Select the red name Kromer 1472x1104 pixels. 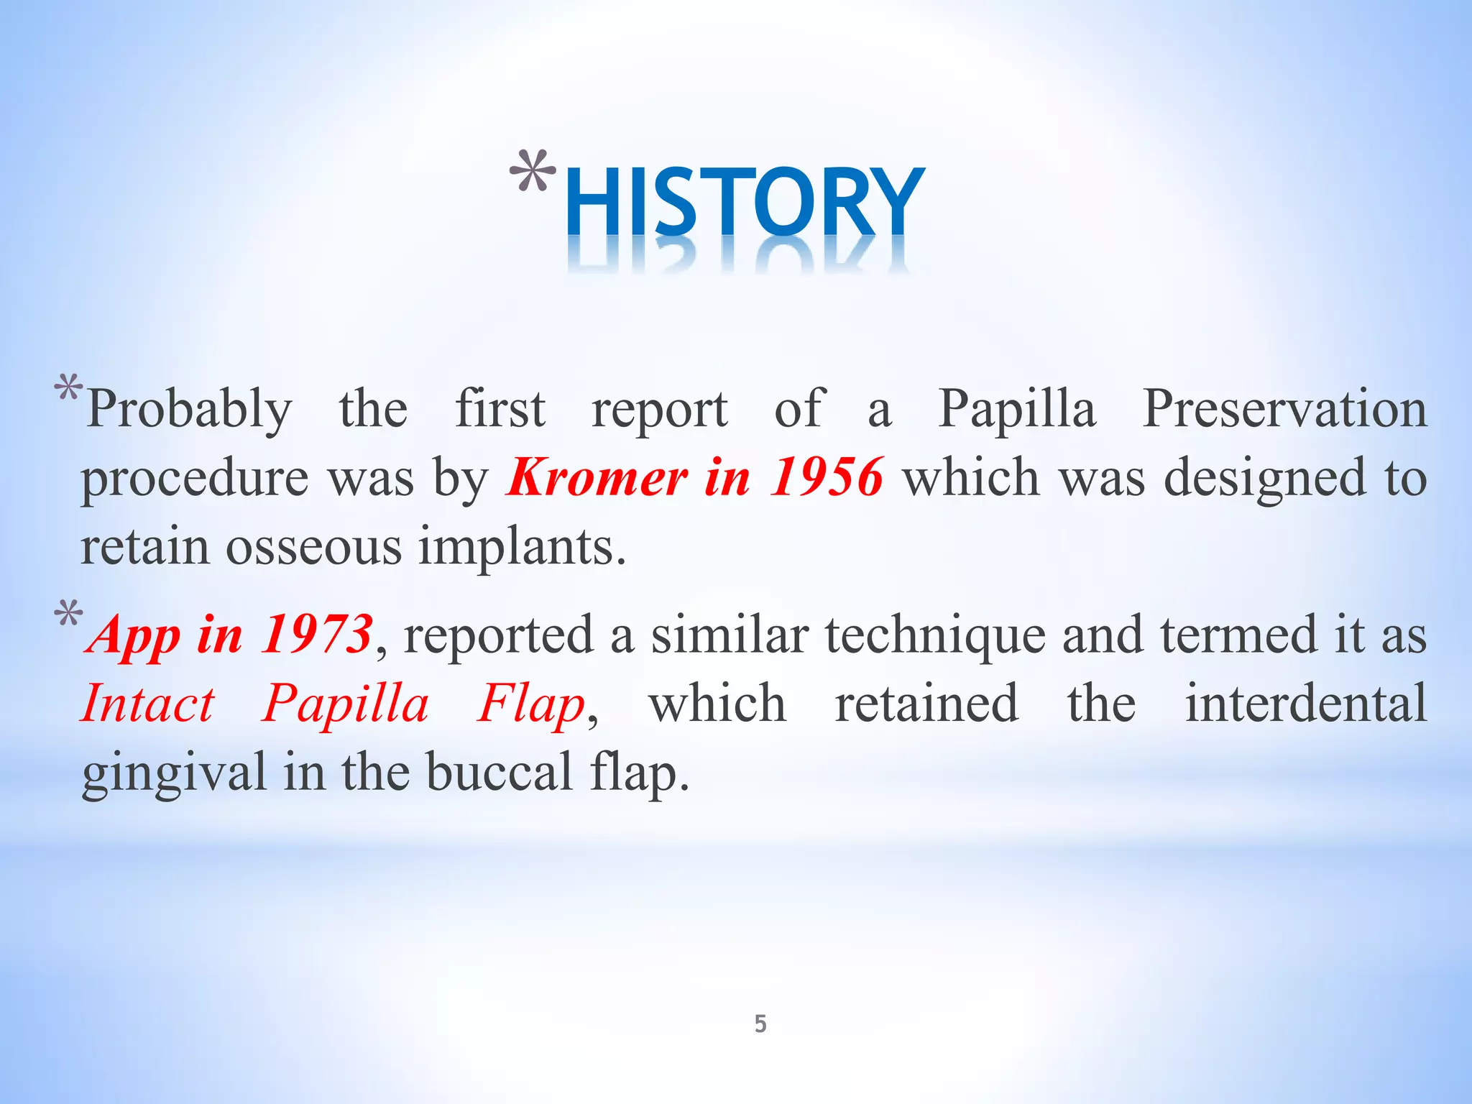(x=597, y=477)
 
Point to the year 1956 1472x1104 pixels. (x=826, y=477)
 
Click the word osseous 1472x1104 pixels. (x=313, y=547)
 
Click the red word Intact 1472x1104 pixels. (x=148, y=704)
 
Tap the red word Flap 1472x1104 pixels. (x=532, y=705)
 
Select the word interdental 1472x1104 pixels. (x=1305, y=704)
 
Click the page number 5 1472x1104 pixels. (x=760, y=1023)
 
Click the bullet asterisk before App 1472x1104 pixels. (x=68, y=615)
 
